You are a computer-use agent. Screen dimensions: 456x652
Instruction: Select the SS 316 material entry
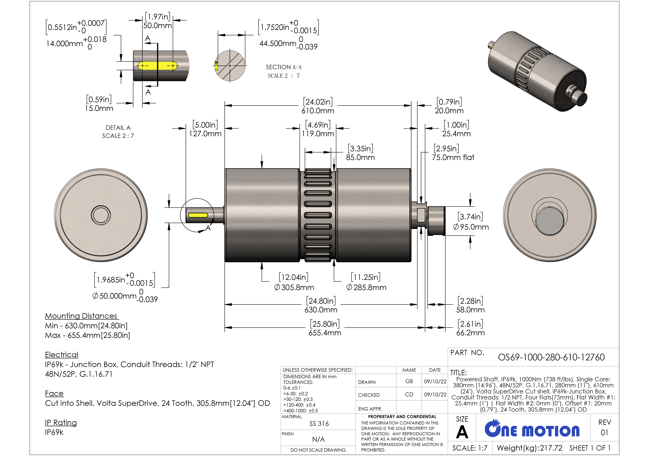coord(319,424)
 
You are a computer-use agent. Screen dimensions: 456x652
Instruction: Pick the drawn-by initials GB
coord(409,381)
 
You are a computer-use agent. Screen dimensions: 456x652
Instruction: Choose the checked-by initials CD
coord(409,394)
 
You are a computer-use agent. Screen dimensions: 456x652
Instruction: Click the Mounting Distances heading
coord(82,316)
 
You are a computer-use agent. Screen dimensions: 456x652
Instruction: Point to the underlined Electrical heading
coord(62,355)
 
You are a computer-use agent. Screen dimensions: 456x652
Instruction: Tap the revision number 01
coord(604,432)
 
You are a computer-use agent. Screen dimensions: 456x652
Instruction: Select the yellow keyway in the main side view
coord(198,215)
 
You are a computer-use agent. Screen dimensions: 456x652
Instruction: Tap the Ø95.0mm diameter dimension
coord(471,227)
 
